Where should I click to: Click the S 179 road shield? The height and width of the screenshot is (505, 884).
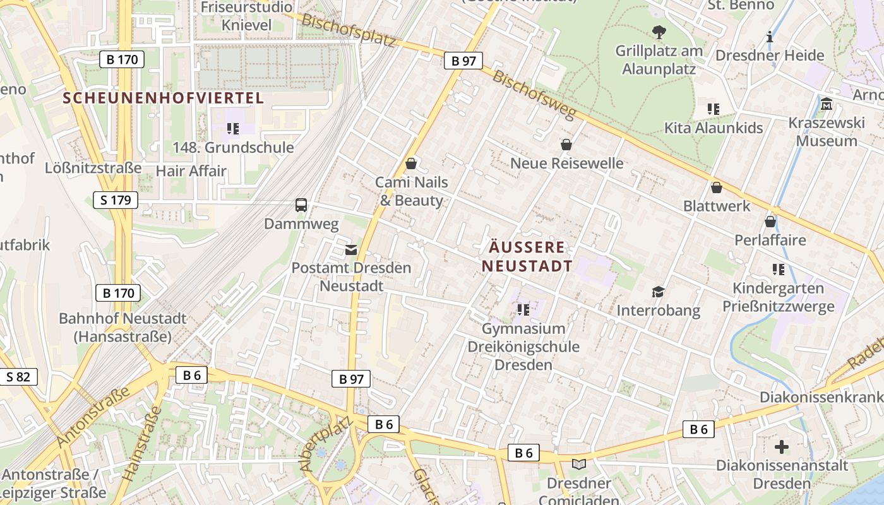116,201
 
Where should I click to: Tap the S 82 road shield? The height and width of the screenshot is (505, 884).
18,377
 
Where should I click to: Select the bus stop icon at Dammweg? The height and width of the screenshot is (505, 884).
301,205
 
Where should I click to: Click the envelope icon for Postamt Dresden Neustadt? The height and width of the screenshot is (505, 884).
350,250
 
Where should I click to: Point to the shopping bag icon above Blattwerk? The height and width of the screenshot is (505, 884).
717,187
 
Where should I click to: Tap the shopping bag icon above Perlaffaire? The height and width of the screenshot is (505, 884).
770,222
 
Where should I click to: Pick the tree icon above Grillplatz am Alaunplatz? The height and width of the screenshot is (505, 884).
659,32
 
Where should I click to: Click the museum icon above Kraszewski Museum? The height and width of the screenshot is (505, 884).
827,104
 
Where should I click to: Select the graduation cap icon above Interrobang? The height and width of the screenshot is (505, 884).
659,292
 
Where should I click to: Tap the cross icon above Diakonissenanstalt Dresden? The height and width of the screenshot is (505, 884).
782,447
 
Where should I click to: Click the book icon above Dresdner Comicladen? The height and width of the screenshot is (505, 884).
579,465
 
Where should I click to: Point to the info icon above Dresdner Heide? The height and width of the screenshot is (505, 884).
770,37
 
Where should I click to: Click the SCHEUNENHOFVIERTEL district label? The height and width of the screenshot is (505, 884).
164,98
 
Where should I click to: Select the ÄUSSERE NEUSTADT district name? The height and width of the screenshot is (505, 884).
527,256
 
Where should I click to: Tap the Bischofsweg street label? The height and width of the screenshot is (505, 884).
534,95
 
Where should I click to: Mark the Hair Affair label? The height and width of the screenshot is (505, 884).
191,170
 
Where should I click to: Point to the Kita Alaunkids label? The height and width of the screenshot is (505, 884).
714,128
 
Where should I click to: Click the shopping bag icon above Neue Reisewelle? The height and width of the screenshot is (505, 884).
566,145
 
